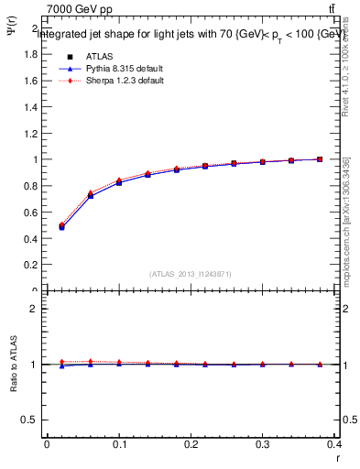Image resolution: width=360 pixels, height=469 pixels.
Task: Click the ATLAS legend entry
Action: click(x=98, y=56)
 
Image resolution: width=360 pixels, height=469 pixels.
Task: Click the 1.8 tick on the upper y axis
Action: click(x=32, y=54)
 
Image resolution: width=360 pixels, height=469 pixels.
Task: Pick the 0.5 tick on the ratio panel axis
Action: click(x=32, y=420)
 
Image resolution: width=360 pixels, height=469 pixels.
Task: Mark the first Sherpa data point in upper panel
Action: click(x=61, y=224)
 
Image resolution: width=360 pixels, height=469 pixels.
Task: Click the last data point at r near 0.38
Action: click(x=320, y=159)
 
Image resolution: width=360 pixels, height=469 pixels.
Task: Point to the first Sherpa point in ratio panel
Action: click(x=61, y=362)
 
